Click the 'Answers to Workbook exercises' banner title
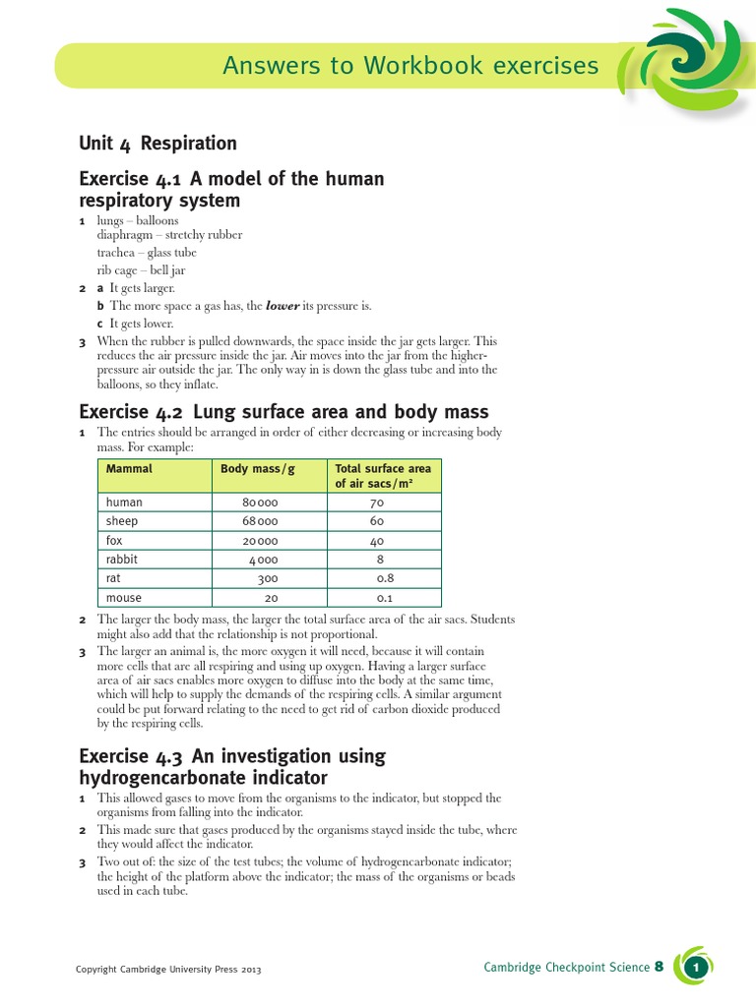409,66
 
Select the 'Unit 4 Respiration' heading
157,144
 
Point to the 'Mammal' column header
129,469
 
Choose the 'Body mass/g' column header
257,469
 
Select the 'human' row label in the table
124,503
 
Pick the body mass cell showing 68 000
261,521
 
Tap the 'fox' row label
114,541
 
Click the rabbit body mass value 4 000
263,561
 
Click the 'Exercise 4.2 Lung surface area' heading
283,411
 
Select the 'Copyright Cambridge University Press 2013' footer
168,970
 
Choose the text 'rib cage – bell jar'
141,269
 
